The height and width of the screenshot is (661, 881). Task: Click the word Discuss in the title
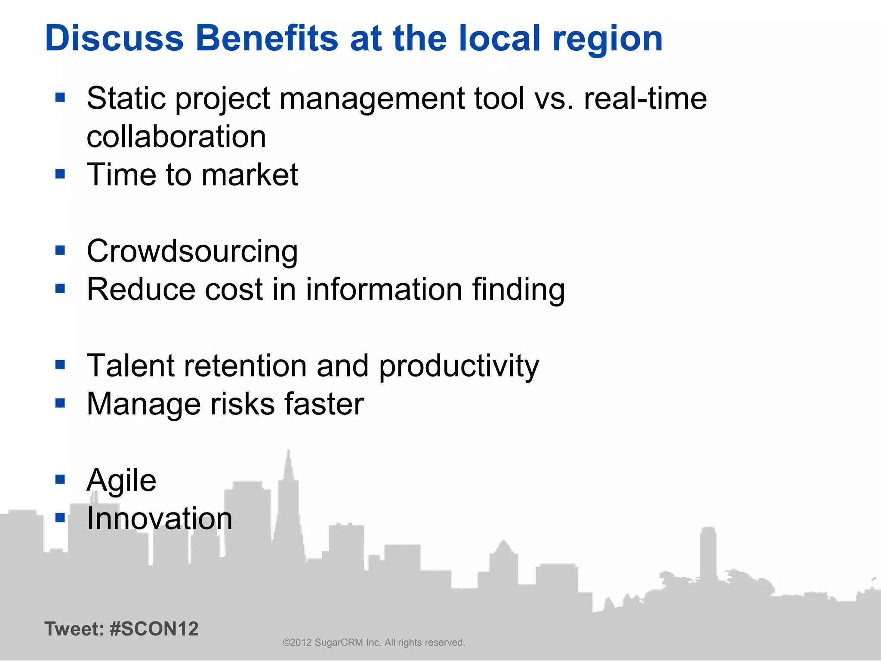click(x=114, y=38)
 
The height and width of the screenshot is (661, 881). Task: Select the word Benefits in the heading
click(x=267, y=38)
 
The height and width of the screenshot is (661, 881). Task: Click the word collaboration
click(x=176, y=137)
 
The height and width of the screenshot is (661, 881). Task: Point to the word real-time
click(x=645, y=99)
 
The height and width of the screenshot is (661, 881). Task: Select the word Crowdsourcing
click(x=192, y=251)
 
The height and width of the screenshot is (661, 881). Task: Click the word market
click(x=250, y=175)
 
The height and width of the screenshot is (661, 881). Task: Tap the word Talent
click(x=131, y=366)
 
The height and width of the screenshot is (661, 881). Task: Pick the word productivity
click(x=459, y=367)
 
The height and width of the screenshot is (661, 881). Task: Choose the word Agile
click(x=121, y=481)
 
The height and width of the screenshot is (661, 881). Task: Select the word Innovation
click(x=160, y=519)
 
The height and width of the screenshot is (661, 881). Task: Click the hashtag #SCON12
click(x=154, y=629)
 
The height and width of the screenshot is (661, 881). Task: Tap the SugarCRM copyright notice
click(x=373, y=642)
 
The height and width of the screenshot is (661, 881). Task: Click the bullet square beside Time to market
click(x=60, y=174)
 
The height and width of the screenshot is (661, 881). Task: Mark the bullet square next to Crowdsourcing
click(x=60, y=250)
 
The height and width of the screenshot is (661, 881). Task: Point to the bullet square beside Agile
click(x=60, y=479)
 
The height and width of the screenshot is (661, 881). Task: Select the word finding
click(x=518, y=290)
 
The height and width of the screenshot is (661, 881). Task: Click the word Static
click(x=126, y=99)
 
